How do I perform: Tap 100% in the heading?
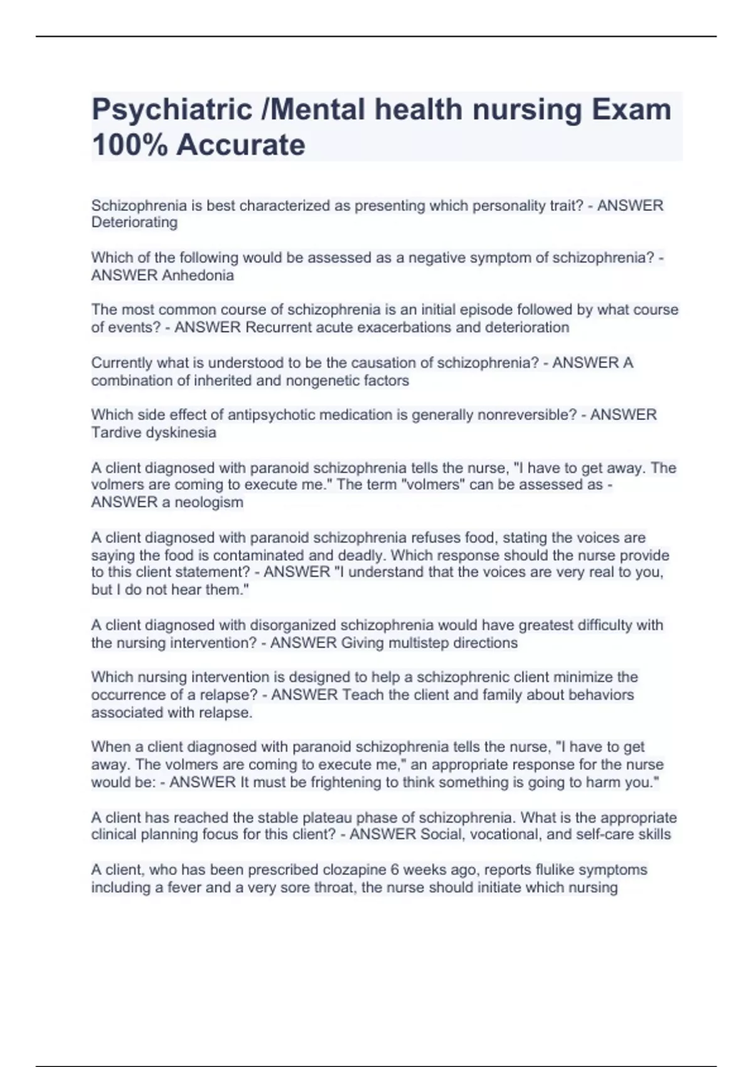129,145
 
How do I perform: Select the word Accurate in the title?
241,145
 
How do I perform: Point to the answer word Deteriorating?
134,222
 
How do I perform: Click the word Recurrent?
280,328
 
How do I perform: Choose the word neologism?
209,502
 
